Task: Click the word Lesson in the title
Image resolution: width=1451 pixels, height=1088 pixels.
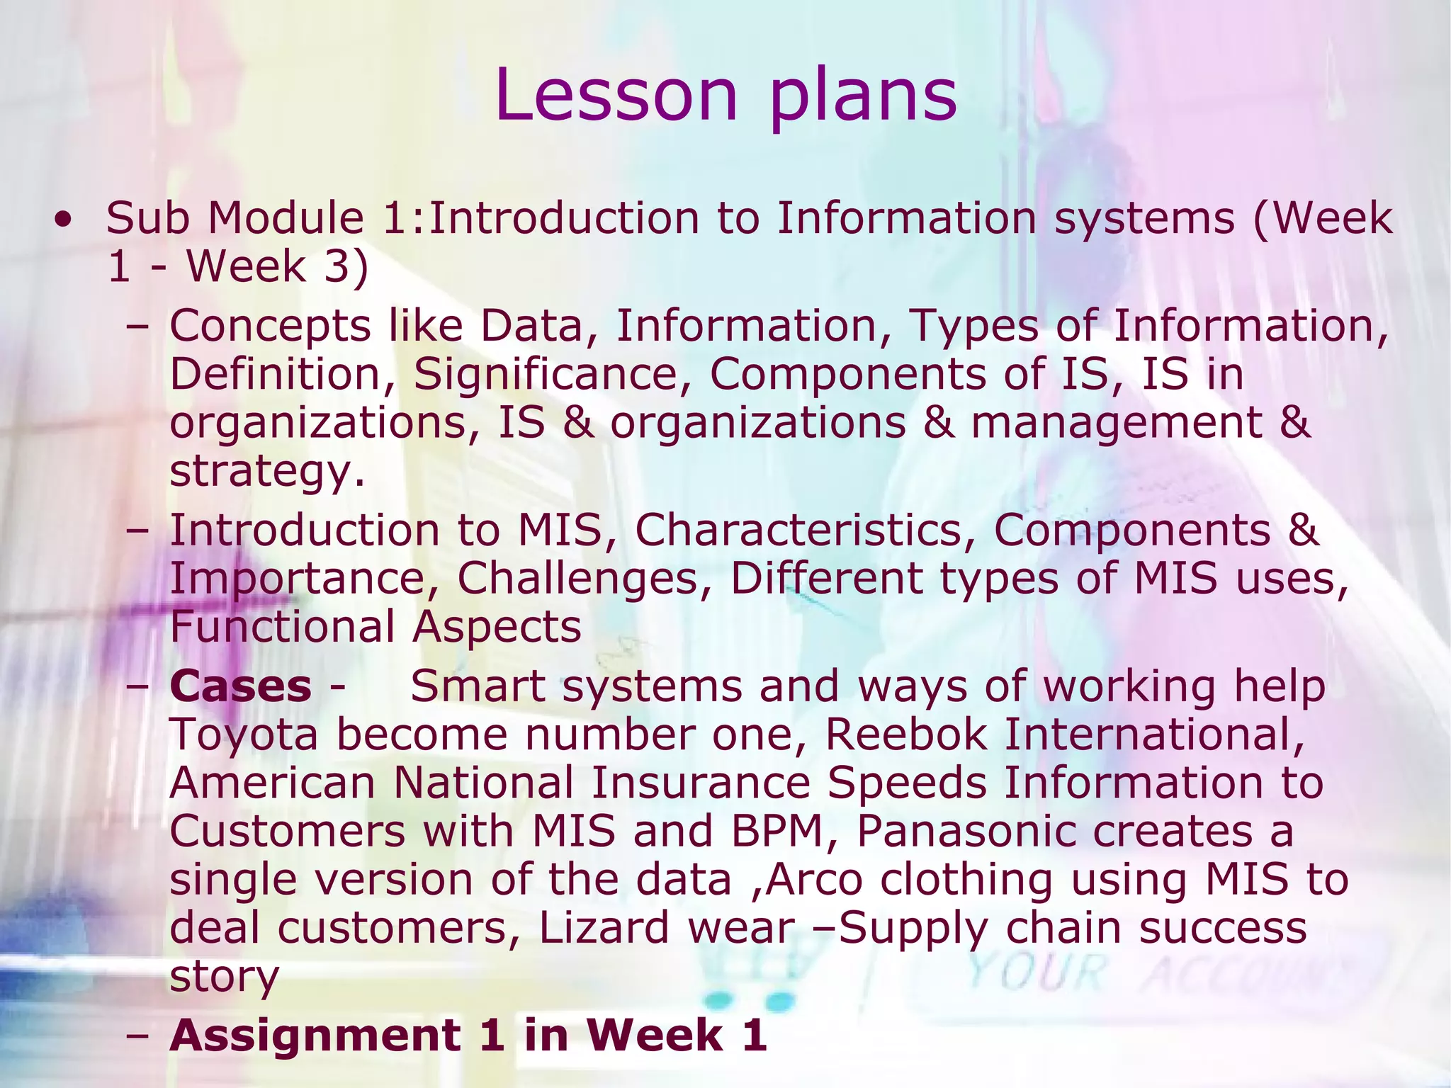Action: pos(616,96)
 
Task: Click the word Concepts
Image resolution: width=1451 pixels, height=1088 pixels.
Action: pos(270,327)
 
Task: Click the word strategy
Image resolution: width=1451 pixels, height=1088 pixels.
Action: pos(266,472)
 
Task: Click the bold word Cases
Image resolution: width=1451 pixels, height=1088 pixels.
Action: pos(240,687)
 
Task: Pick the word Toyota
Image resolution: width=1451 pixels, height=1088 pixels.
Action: pos(244,735)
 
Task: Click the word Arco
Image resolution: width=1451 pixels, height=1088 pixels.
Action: pos(814,880)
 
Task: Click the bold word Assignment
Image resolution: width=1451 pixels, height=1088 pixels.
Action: pos(316,1036)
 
